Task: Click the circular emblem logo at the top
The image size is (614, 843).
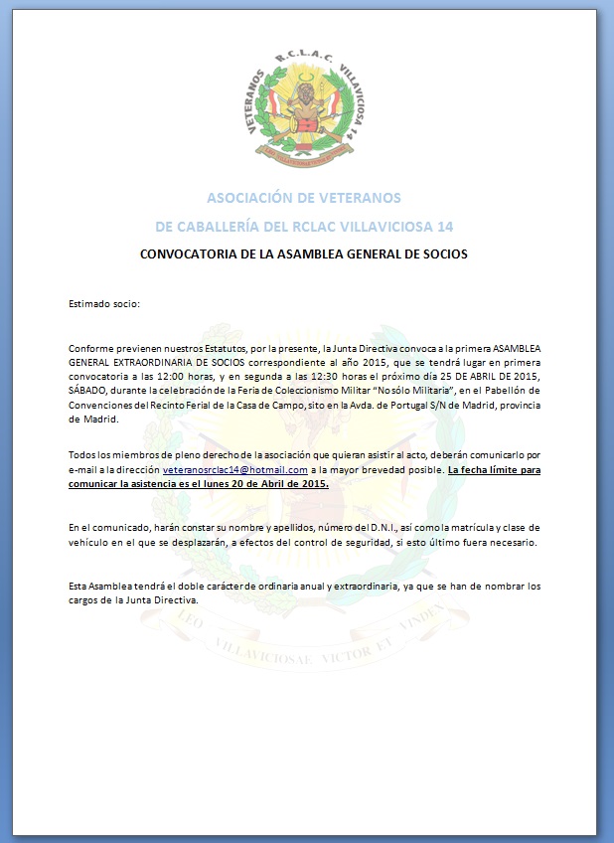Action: (x=306, y=108)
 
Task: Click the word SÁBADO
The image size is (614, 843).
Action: (x=90, y=391)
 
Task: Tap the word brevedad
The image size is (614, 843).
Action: (x=387, y=469)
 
